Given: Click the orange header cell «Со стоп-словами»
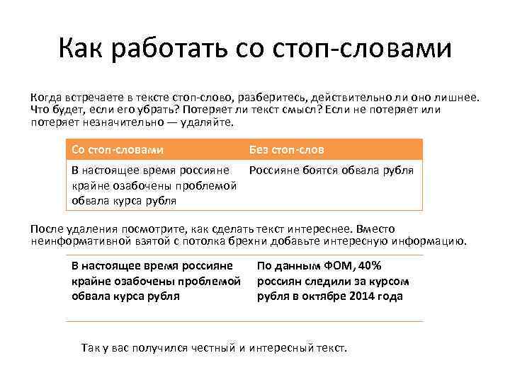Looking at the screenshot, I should [118, 149].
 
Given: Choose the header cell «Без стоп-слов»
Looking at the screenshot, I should [286, 149].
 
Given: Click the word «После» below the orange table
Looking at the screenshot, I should [46, 229].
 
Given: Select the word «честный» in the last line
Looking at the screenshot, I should [205, 349].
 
